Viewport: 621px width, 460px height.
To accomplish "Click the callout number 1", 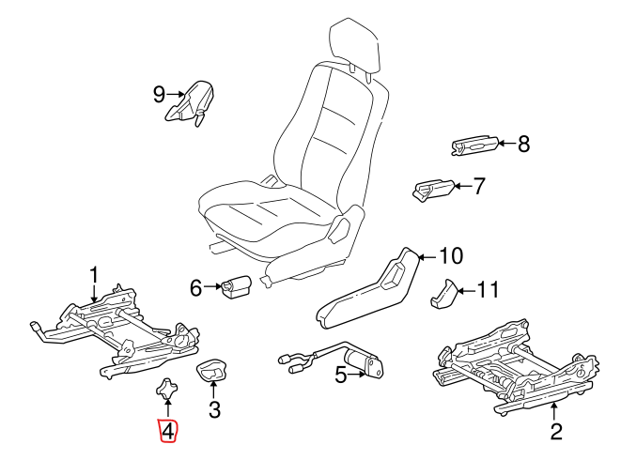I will pos(94,273).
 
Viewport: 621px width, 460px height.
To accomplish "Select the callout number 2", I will pos(555,432).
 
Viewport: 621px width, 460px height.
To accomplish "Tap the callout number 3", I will pos(214,409).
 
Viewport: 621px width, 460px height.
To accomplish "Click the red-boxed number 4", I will pos(166,431).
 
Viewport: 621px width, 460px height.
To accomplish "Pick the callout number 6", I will pos(196,288).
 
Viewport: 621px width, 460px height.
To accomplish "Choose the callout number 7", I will pos(479,187).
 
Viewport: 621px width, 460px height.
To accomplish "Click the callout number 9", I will pos(159,93).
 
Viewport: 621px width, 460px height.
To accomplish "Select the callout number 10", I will pos(451,255).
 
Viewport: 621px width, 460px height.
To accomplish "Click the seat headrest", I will pos(358,45).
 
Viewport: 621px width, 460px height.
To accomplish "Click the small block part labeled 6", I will pos(234,286).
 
